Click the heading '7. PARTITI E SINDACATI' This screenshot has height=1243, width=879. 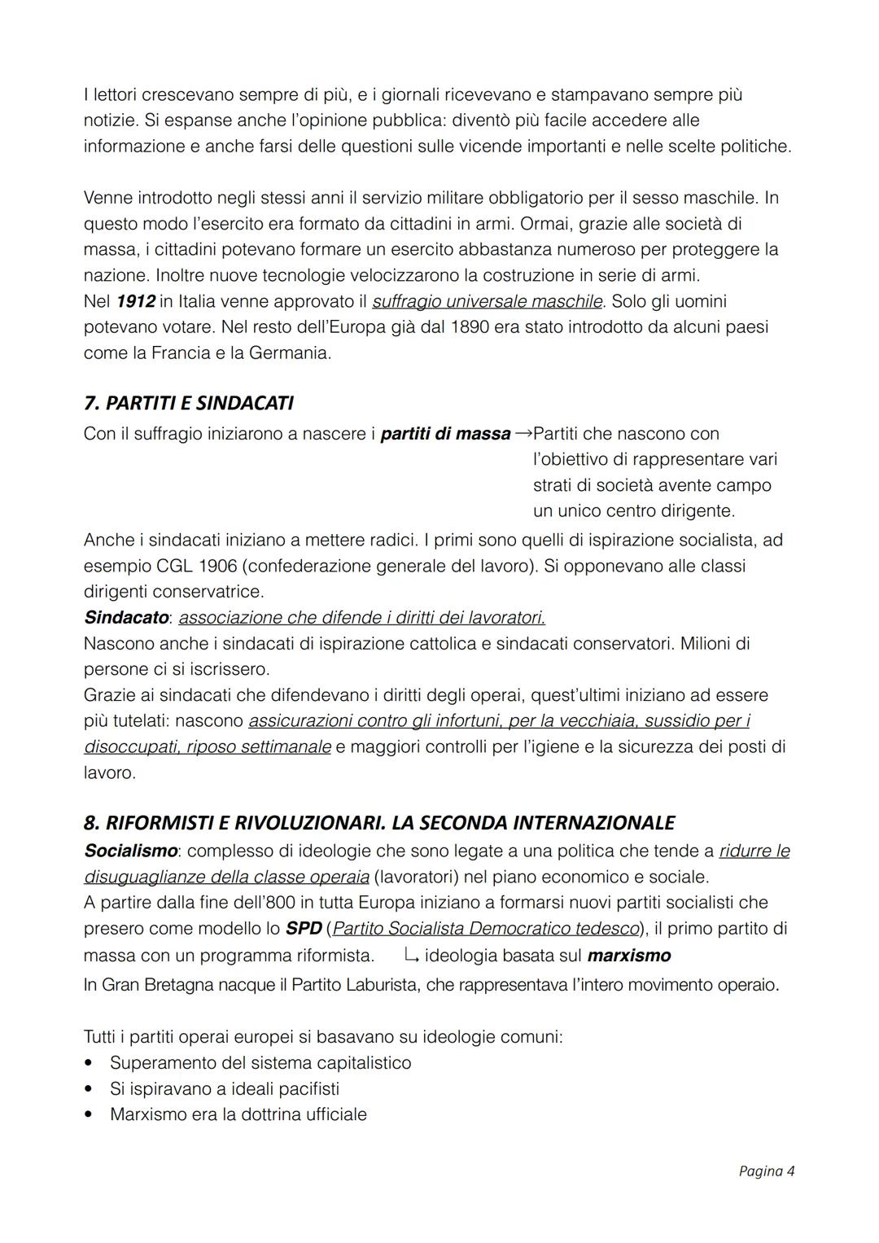click(188, 403)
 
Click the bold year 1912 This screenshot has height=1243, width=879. click(135, 301)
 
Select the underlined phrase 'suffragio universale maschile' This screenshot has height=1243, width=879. click(487, 301)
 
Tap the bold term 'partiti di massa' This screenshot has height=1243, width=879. click(445, 434)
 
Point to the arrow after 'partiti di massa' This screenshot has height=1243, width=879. click(523, 433)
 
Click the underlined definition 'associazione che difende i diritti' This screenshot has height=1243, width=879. click(361, 618)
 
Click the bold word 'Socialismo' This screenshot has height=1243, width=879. click(130, 851)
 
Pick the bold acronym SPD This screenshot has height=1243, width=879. click(304, 929)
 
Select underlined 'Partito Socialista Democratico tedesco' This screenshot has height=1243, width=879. click(486, 929)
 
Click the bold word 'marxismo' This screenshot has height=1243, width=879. click(628, 956)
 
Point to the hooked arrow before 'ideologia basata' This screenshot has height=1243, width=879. click(411, 956)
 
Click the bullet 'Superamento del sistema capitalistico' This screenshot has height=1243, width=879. click(260, 1063)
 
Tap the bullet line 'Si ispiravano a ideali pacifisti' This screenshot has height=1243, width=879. click(224, 1089)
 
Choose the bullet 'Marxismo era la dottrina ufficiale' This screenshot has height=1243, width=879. click(238, 1115)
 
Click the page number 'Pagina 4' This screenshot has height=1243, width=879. click(766, 1171)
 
